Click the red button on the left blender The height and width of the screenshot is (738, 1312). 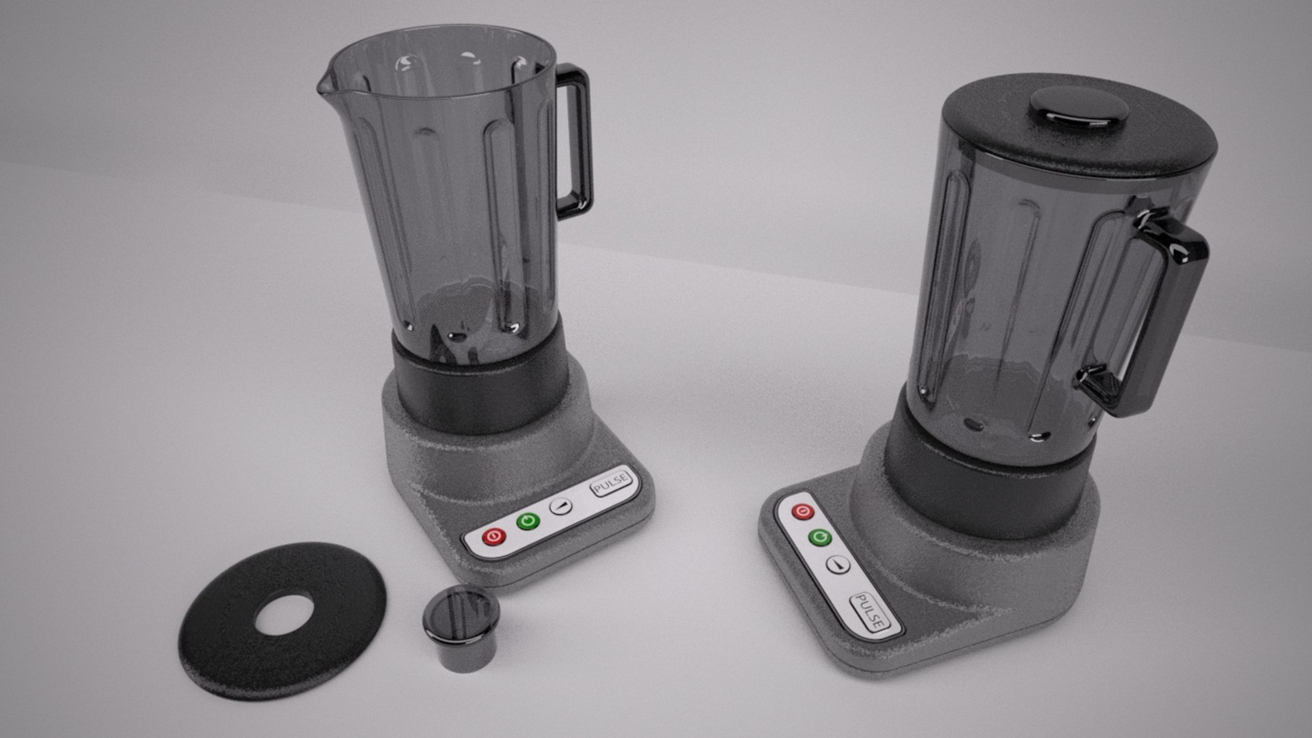pos(493,537)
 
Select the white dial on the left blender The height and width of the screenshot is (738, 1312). pos(561,506)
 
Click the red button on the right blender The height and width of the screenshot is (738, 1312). pos(802,512)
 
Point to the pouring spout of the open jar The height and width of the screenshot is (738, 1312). pos(324,85)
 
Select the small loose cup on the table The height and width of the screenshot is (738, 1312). pos(460,629)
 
